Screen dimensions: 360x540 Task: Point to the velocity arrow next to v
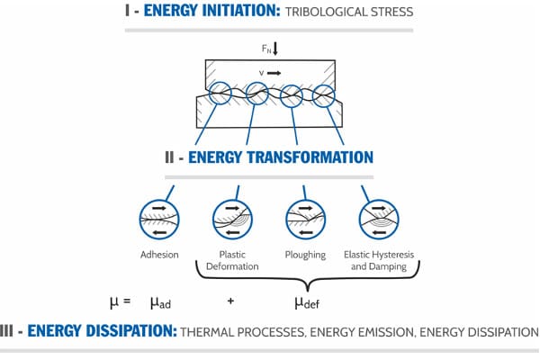tap(273, 72)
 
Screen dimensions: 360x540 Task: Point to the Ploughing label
tap(303, 255)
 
